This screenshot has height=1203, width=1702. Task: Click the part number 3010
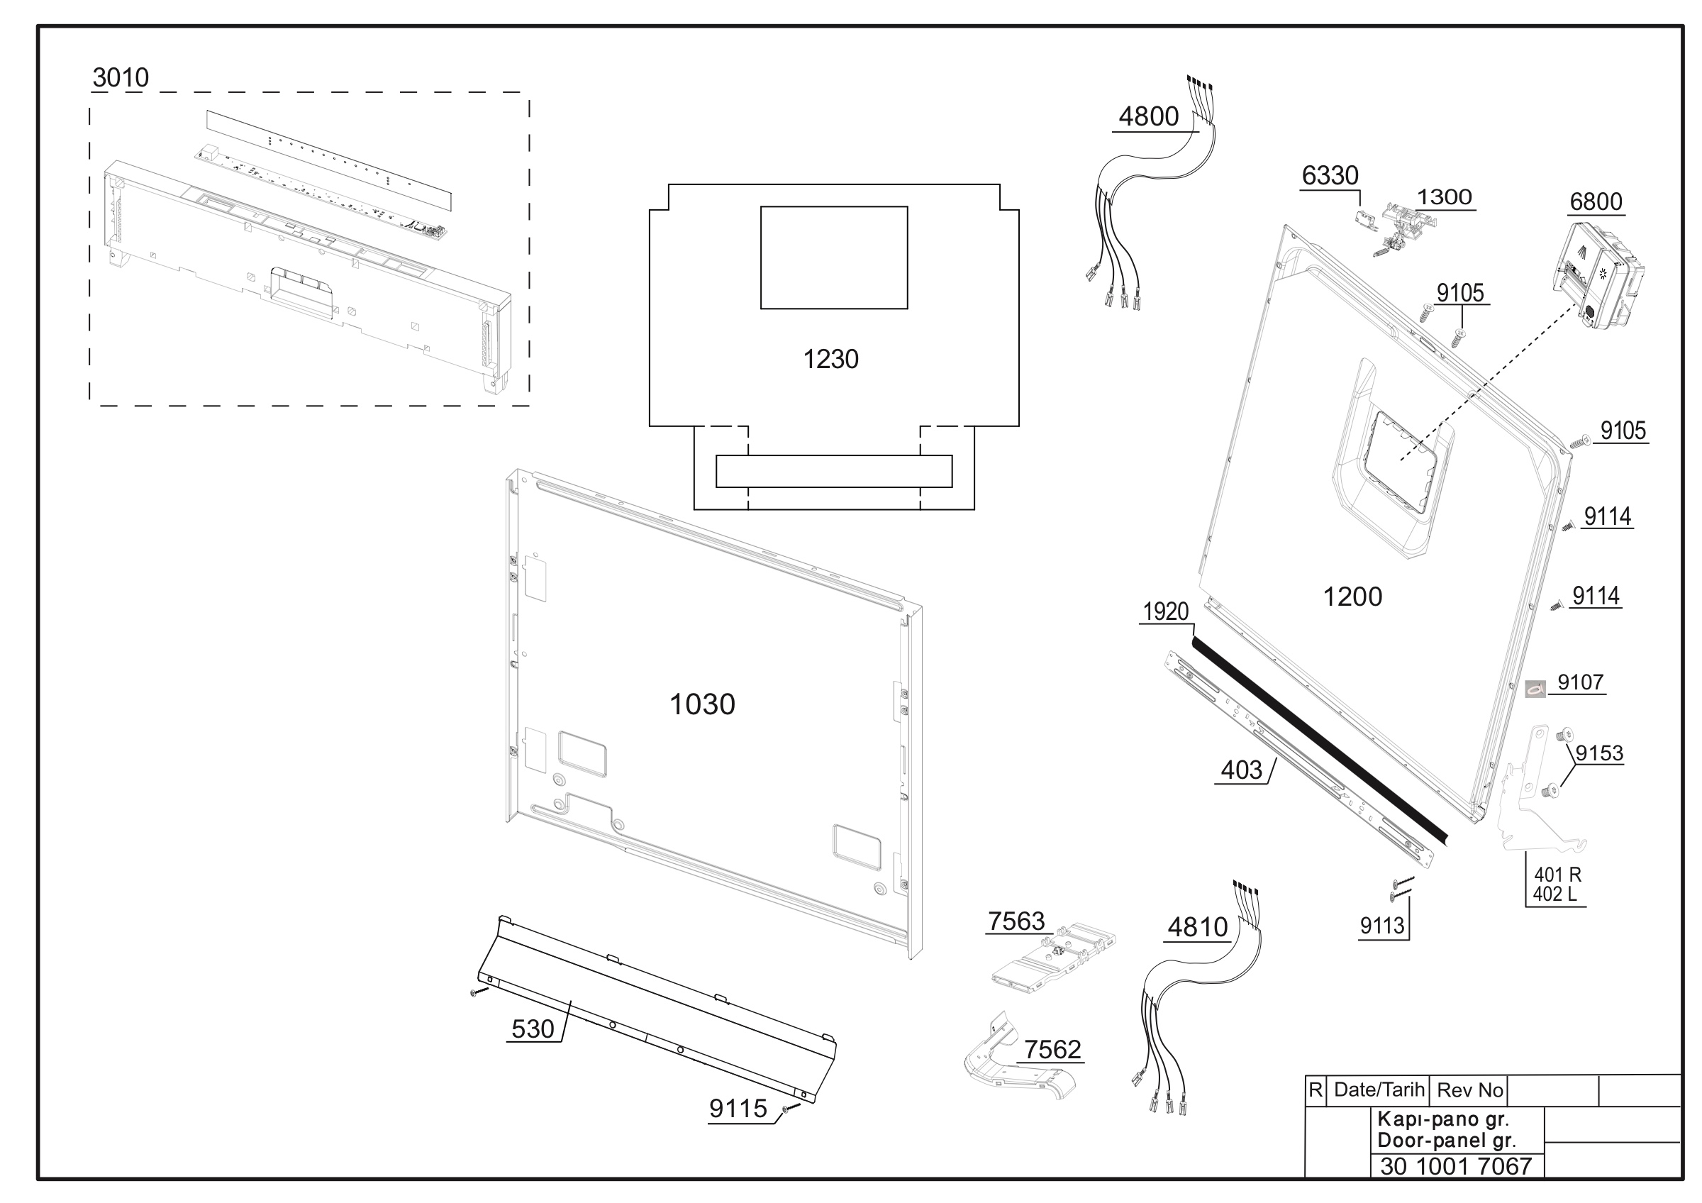coord(121,77)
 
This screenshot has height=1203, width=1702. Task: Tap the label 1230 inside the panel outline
coord(831,360)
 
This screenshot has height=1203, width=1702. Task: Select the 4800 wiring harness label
coord(1148,116)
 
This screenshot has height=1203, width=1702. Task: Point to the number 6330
coord(1330,176)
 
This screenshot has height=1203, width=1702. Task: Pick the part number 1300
coord(1444,197)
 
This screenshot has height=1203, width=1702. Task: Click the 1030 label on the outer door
coord(702,704)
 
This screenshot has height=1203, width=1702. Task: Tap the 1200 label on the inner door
coord(1352,597)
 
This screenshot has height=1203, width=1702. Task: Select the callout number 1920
coord(1165,611)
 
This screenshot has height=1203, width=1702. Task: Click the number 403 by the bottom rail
coord(1241,770)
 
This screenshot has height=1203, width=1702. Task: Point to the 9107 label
coord(1581,682)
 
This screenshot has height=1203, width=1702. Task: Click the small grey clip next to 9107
coord(1535,689)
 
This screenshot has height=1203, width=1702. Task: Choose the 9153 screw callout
coord(1599,753)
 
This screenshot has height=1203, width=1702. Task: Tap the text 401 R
coord(1557,875)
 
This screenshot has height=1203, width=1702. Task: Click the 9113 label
coord(1381,926)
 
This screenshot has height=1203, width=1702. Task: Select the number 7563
coord(1016,921)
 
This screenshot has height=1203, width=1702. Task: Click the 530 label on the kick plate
coord(533,1029)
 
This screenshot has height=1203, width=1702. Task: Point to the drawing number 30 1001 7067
coord(1456,1167)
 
